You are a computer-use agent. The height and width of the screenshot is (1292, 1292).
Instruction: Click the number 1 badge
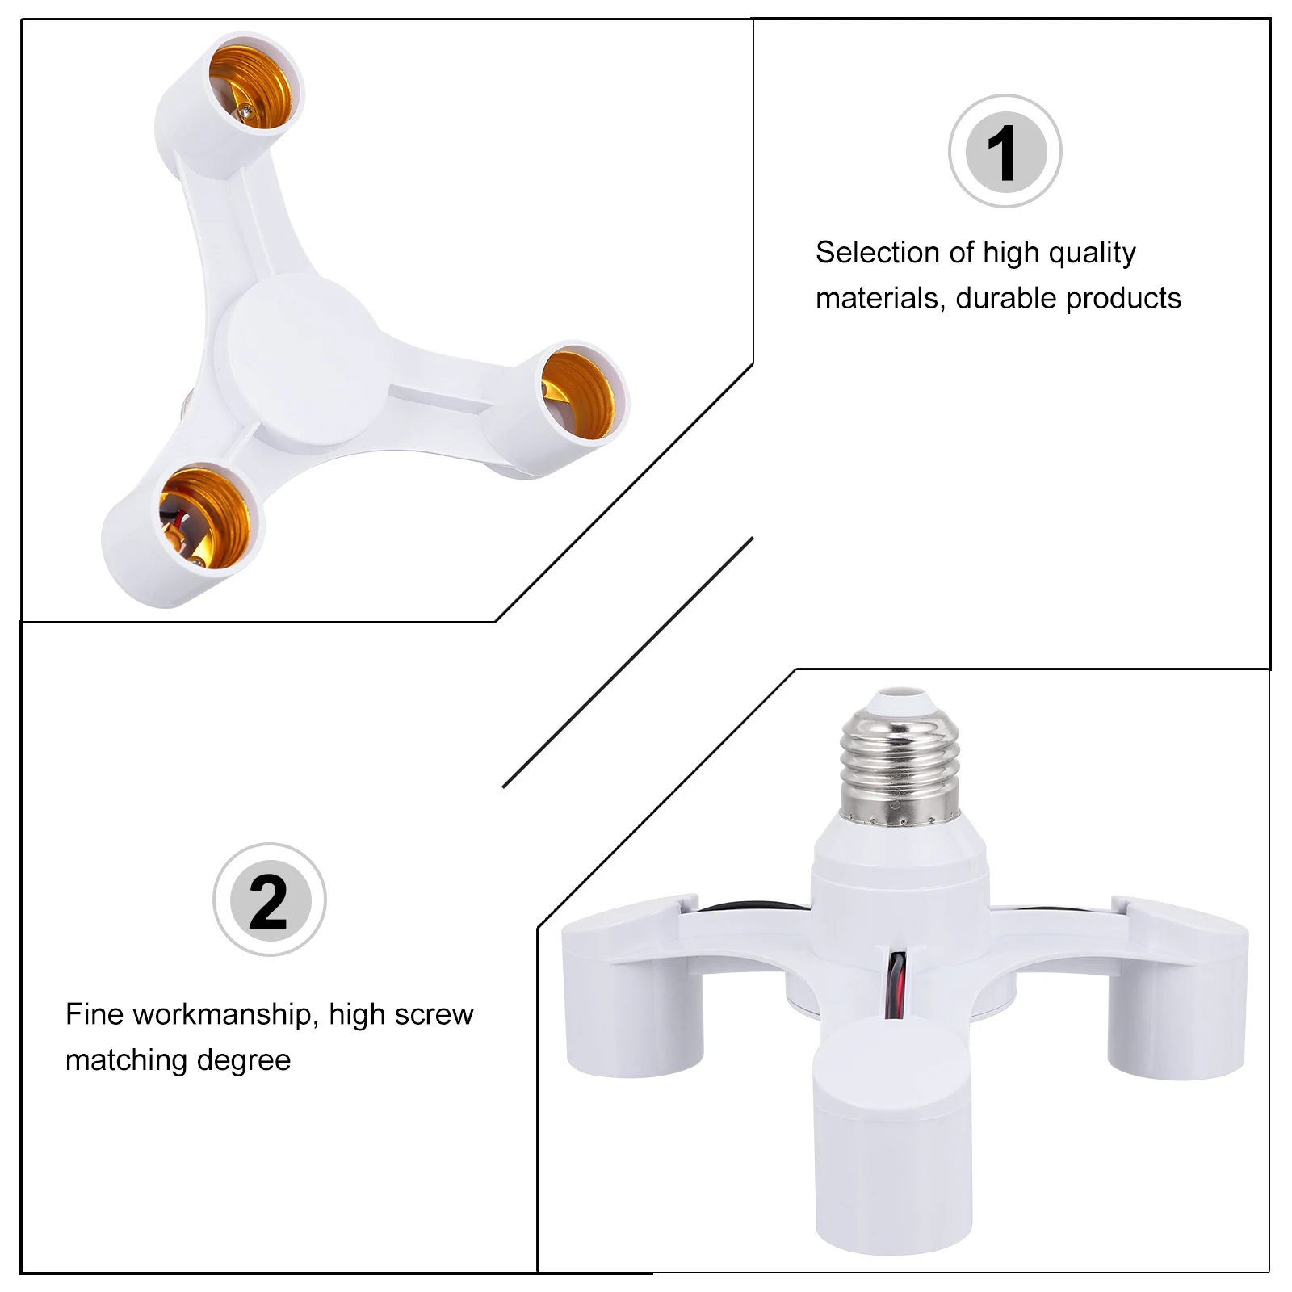pyautogui.click(x=1005, y=152)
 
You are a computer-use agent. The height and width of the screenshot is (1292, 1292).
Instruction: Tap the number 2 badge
pyautogui.click(x=269, y=900)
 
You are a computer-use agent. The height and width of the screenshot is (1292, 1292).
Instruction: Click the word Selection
pyautogui.click(x=878, y=253)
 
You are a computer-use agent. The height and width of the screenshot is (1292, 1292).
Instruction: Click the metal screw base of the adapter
pyautogui.click(x=900, y=766)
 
